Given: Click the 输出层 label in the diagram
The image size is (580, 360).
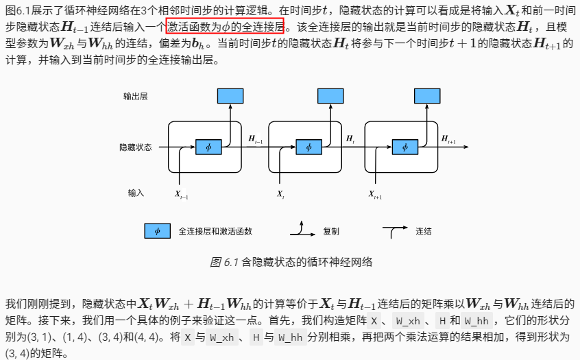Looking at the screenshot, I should click(x=136, y=96).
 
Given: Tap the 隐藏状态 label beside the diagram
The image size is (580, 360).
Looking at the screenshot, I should click(x=136, y=147).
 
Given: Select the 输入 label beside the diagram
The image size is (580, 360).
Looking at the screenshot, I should click(x=136, y=193).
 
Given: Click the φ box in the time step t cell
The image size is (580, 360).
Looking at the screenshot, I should click(x=309, y=147).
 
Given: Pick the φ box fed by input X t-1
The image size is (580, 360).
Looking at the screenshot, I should click(x=209, y=147).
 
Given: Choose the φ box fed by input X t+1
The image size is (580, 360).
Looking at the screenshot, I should click(x=405, y=147).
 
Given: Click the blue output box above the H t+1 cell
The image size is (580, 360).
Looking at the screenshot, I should click(x=427, y=96).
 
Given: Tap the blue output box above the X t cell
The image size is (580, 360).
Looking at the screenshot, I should click(x=330, y=96).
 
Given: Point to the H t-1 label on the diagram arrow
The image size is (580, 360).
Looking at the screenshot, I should click(x=256, y=139).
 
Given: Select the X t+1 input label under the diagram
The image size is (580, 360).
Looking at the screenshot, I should click(x=375, y=195).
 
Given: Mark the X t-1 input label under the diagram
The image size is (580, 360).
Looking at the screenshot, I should click(x=182, y=195).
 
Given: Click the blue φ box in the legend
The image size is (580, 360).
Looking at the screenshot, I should click(x=157, y=231).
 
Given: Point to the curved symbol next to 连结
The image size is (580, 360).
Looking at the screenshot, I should click(x=395, y=231).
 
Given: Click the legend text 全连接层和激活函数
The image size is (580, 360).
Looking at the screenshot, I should click(x=215, y=232).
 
